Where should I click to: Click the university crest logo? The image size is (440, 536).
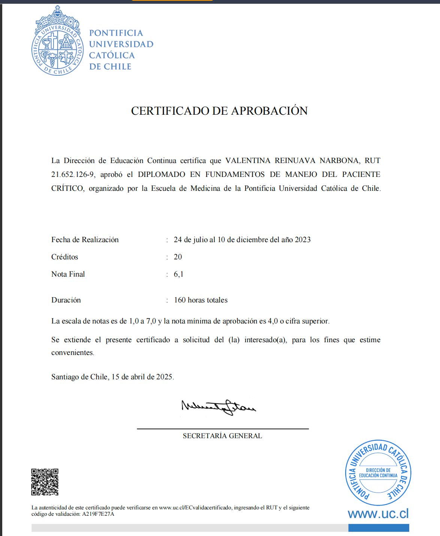click(x=57, y=41)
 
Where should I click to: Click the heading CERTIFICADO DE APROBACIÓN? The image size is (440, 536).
click(x=219, y=111)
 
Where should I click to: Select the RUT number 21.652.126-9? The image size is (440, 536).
click(x=73, y=175)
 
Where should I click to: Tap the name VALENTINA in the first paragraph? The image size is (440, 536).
click(x=247, y=161)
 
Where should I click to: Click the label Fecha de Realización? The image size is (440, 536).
click(x=85, y=240)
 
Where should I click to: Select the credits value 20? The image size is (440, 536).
click(x=178, y=257)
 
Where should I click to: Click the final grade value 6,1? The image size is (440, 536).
click(x=178, y=274)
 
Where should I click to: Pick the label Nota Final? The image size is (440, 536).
click(x=68, y=274)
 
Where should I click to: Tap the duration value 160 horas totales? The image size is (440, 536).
click(x=201, y=300)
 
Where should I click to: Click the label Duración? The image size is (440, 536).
click(x=66, y=300)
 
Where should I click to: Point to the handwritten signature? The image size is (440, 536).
click(x=219, y=407)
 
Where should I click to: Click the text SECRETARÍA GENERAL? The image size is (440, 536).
click(x=222, y=436)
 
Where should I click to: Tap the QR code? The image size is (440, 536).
click(x=45, y=482)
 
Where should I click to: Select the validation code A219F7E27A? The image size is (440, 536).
click(x=98, y=514)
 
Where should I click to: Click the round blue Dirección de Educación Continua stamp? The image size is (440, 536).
click(x=378, y=473)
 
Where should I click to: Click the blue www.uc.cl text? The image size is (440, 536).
click(x=378, y=514)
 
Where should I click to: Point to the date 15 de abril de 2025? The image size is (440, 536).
click(x=142, y=377)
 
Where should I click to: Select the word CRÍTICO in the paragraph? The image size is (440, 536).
click(x=67, y=189)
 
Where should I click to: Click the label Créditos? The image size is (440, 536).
click(x=65, y=257)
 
